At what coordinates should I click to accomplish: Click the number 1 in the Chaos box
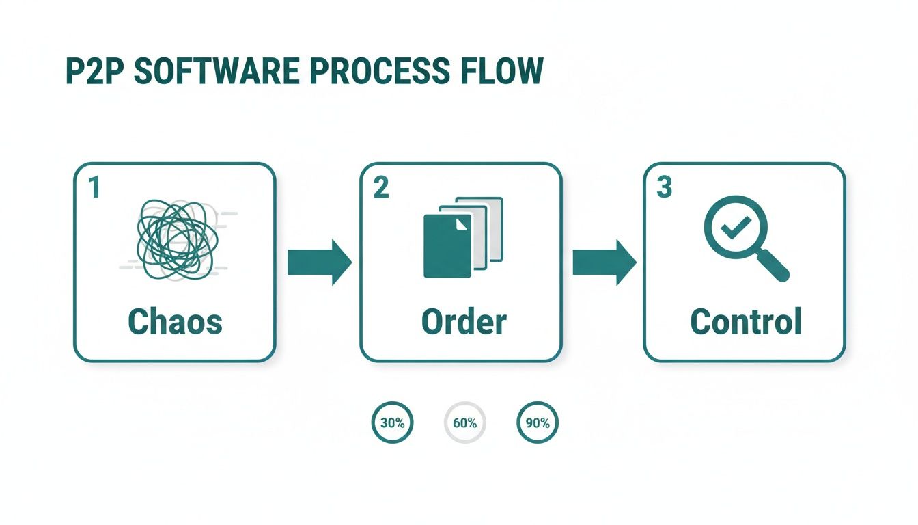click(x=94, y=188)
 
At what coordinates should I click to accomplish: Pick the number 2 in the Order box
click(x=380, y=188)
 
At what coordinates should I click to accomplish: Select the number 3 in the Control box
click(x=664, y=188)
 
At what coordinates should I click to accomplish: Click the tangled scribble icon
click(x=178, y=240)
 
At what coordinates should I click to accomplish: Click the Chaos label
click(x=175, y=321)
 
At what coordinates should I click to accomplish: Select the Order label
click(x=464, y=321)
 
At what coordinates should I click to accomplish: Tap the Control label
click(x=745, y=321)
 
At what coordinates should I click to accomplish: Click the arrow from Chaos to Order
click(x=319, y=262)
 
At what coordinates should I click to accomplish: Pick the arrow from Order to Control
click(x=604, y=262)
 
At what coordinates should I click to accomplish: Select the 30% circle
click(x=392, y=422)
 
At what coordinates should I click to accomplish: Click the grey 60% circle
click(x=464, y=422)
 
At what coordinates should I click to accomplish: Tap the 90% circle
click(x=538, y=422)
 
